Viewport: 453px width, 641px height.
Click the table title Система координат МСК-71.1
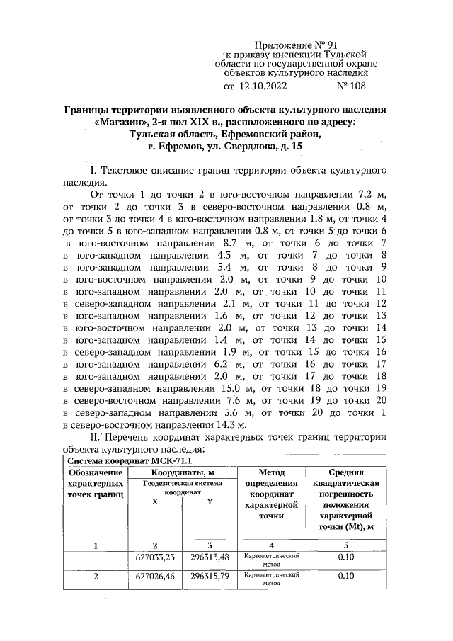(118, 461)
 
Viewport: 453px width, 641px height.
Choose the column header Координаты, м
(182, 472)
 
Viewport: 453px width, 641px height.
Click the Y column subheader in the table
(210, 501)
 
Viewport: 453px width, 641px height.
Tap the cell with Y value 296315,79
(210, 577)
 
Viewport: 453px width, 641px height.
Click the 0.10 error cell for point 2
(345, 577)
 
